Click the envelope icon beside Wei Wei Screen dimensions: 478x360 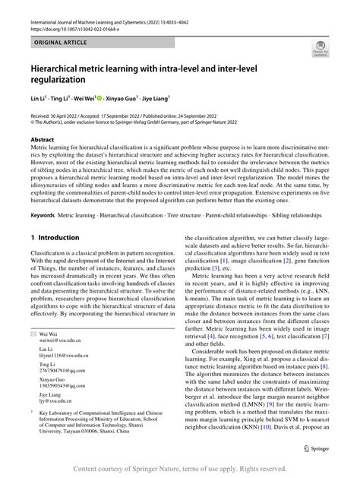pos(32,356)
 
